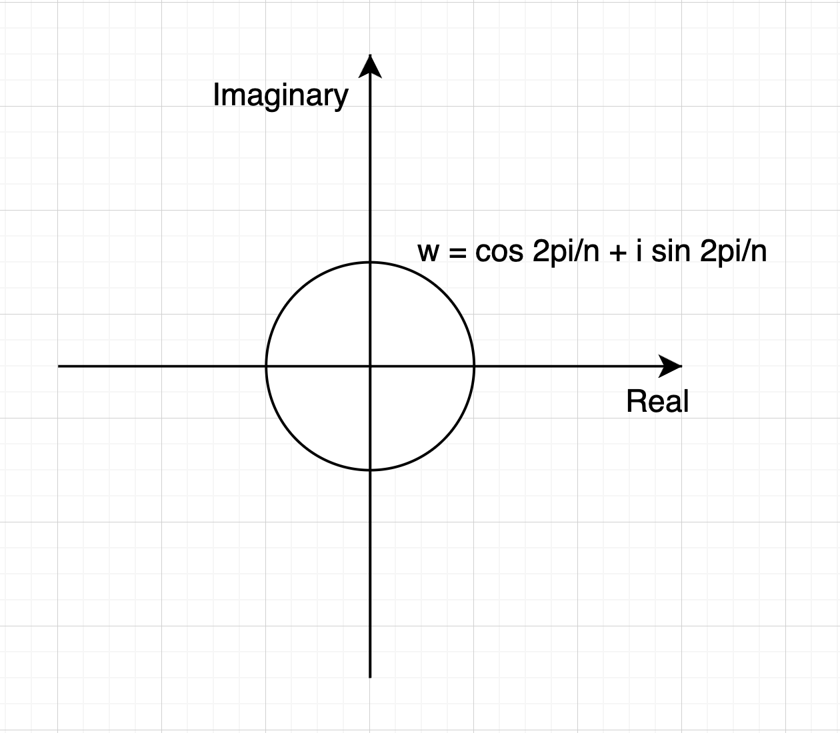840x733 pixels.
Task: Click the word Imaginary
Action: click(280, 95)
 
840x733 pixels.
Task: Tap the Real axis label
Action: click(657, 402)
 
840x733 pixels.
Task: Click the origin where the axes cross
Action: click(370, 366)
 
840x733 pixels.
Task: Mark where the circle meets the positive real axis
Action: click(474, 366)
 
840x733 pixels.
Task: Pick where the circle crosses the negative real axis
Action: click(266, 366)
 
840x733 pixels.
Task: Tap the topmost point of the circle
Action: click(370, 262)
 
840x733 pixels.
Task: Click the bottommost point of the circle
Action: click(370, 470)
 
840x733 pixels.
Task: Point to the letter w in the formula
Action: click(428, 253)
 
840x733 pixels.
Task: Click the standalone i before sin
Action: click(639, 251)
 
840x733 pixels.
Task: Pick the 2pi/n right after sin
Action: click(733, 252)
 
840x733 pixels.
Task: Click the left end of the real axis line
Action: click(60, 366)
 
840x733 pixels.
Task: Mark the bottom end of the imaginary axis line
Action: click(370, 676)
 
